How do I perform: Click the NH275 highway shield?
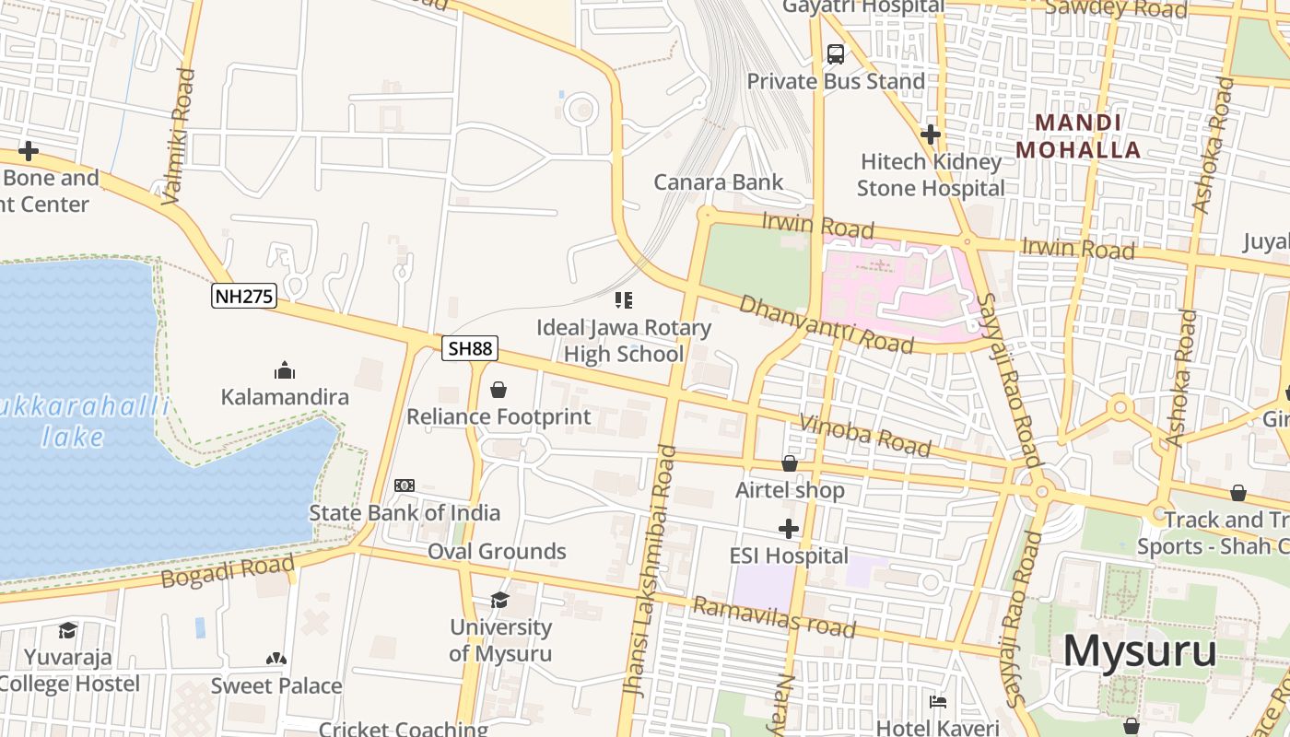pyautogui.click(x=243, y=296)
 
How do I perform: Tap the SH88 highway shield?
pyautogui.click(x=470, y=348)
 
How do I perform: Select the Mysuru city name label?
pyautogui.click(x=1140, y=651)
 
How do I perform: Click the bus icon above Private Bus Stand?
pyautogui.click(x=836, y=54)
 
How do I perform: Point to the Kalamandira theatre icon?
pyautogui.click(x=285, y=370)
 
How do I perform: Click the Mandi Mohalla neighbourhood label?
pyautogui.click(x=1078, y=135)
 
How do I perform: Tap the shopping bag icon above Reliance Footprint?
pyautogui.click(x=498, y=390)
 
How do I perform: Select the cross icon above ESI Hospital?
pyautogui.click(x=788, y=529)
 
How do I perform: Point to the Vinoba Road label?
pyautogui.click(x=865, y=436)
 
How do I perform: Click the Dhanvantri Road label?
pyautogui.click(x=827, y=324)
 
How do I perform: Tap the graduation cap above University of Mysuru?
pyautogui.click(x=499, y=601)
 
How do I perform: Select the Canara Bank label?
pyautogui.click(x=719, y=181)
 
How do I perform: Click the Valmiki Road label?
pyautogui.click(x=179, y=135)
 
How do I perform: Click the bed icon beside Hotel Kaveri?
pyautogui.click(x=938, y=702)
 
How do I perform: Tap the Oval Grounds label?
pyautogui.click(x=497, y=551)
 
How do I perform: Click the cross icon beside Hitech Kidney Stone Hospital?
pyautogui.click(x=931, y=135)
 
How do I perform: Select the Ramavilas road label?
pyautogui.click(x=773, y=617)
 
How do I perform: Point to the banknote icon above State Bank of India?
pyautogui.click(x=405, y=485)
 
